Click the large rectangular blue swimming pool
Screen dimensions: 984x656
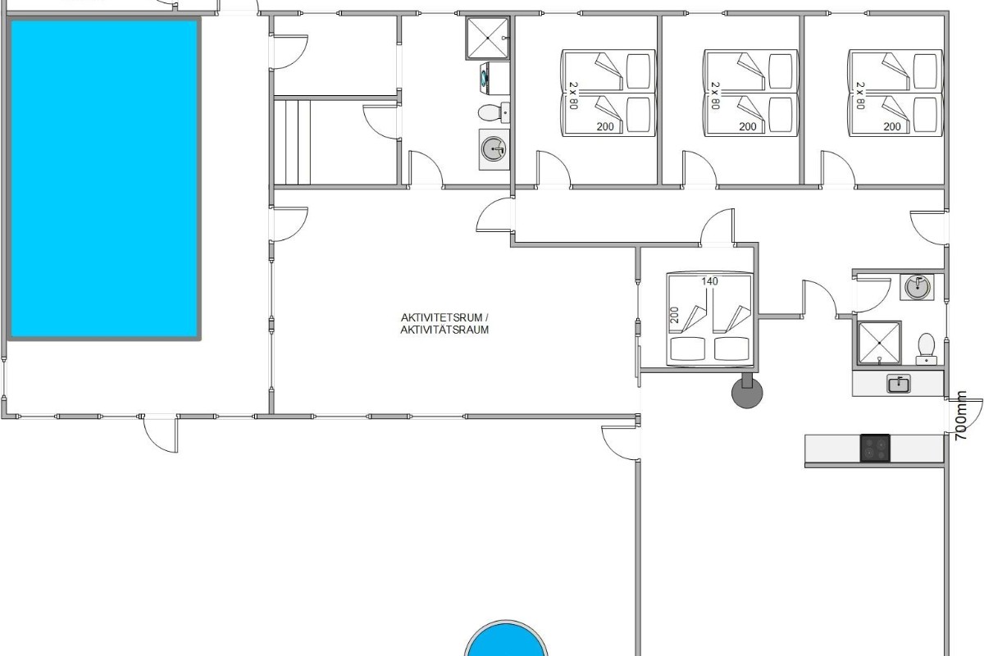105,179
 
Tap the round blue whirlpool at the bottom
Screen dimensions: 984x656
506,639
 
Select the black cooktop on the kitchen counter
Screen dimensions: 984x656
875,448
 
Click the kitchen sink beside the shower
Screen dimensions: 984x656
899,384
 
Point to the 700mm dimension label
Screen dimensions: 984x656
961,415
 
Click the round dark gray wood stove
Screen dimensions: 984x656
747,392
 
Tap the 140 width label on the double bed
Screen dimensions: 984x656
710,281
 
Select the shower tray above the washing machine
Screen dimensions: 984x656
488,39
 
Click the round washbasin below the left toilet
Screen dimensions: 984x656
494,149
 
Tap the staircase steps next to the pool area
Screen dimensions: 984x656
292,143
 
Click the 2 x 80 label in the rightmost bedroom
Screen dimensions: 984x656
860,95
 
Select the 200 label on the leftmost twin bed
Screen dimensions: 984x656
605,126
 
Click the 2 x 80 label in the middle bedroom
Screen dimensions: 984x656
715,95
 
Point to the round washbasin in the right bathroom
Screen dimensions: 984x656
917,287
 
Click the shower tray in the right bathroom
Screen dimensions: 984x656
879,343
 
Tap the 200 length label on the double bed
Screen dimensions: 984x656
675,315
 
